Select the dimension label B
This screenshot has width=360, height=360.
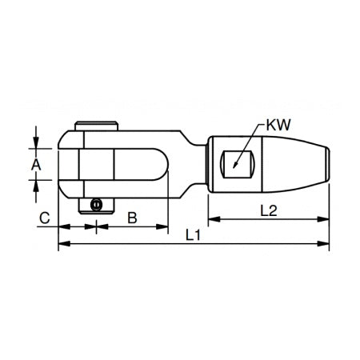(x=132, y=216)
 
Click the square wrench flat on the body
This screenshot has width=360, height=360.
(x=240, y=162)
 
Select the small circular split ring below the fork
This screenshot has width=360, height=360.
(x=96, y=206)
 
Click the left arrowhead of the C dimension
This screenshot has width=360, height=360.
(x=61, y=226)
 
